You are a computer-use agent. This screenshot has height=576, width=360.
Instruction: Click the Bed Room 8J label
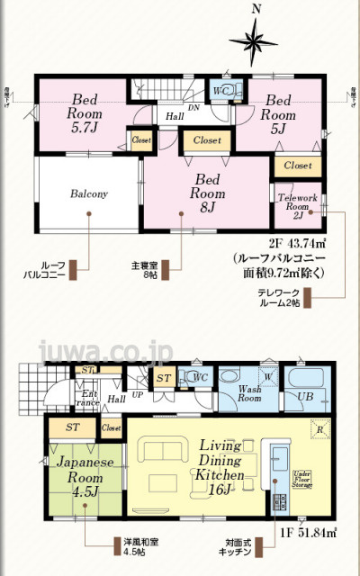click(206, 193)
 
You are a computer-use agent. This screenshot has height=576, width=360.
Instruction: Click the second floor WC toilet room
click(222, 92)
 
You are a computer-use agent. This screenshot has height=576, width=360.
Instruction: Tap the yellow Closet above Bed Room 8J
click(206, 140)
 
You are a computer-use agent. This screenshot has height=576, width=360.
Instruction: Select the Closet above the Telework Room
click(297, 166)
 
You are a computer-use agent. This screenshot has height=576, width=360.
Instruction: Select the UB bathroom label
click(305, 396)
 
